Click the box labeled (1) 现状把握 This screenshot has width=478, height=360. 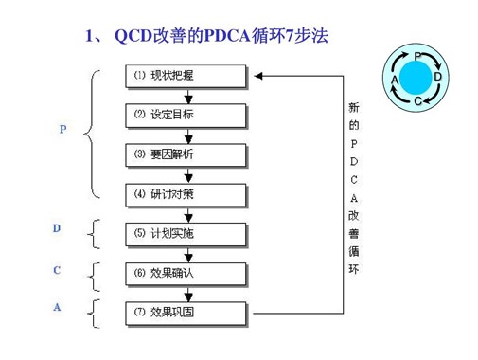(186, 75)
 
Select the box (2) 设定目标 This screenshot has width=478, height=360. (186, 115)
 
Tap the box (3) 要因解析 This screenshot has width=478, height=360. (186, 154)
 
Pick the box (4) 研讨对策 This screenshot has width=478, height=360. (186, 194)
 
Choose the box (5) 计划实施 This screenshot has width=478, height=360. (186, 233)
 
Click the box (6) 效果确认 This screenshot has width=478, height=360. (186, 273)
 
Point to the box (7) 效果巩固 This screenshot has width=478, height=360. (186, 312)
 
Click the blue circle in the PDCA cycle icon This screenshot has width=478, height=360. (416, 75)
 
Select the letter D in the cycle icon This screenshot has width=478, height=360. (438, 76)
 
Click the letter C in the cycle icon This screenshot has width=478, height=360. (417, 99)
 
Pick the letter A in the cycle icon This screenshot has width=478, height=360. (395, 80)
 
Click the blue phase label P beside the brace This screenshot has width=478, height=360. (63, 129)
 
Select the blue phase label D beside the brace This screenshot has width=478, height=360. (57, 229)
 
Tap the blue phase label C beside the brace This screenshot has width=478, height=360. (57, 271)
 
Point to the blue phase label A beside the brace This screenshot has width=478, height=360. (57, 308)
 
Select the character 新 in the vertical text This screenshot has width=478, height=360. (353, 107)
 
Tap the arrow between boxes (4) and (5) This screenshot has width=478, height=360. (190, 215)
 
